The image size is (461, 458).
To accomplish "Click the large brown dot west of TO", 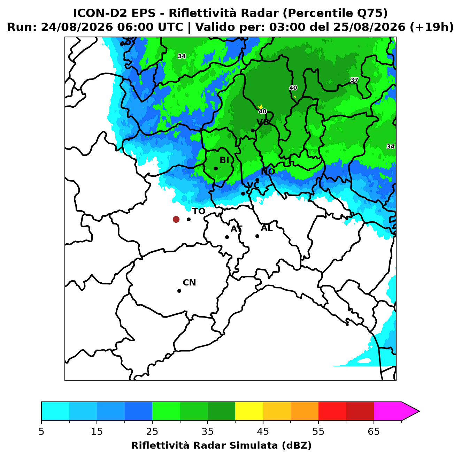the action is pyautogui.click(x=176, y=219).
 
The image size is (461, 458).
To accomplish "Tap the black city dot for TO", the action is pyautogui.click(x=189, y=219).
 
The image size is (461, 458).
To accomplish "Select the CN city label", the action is pyautogui.click(x=189, y=283).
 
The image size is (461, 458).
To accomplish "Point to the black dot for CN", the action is pyautogui.click(x=179, y=291).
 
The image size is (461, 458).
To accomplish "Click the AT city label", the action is pyautogui.click(x=236, y=229).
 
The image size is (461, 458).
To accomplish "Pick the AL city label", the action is pyautogui.click(x=267, y=228).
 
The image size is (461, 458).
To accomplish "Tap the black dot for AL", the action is pyautogui.click(x=257, y=236).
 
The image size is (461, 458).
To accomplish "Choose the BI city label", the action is pyautogui.click(x=224, y=160).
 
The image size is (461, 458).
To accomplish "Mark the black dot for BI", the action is pyautogui.click(x=216, y=169).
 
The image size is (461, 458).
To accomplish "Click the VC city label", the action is pyautogui.click(x=253, y=185).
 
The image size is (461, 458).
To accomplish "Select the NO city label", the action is pyautogui.click(x=268, y=171).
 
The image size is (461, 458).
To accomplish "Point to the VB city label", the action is pyautogui.click(x=263, y=122).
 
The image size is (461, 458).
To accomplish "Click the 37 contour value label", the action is pyautogui.click(x=354, y=80).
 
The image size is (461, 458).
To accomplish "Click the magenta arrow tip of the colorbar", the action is pyautogui.click(x=419, y=412).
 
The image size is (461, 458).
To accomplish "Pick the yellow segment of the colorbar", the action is pyautogui.click(x=249, y=412).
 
